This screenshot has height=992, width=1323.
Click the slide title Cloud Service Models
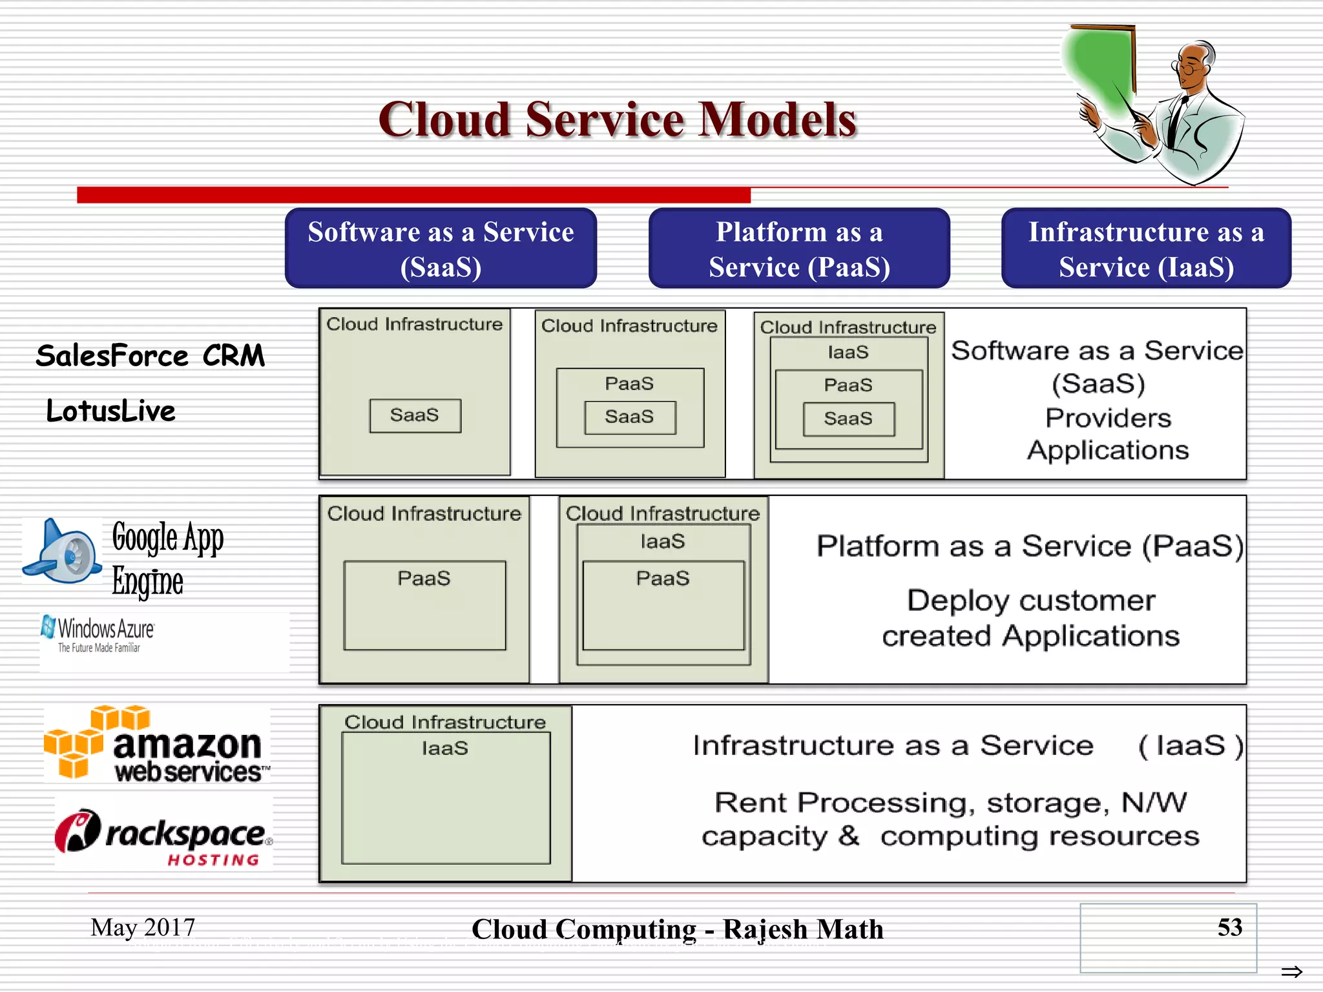tap(617, 120)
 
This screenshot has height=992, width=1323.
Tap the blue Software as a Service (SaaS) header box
tap(441, 249)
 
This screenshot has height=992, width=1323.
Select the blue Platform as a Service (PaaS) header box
tap(799, 249)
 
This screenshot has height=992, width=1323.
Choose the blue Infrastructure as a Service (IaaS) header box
tap(1146, 249)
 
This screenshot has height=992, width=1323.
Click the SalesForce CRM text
tap(150, 356)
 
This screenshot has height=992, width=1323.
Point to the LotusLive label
tap(110, 411)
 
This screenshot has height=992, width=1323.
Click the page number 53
tap(1229, 927)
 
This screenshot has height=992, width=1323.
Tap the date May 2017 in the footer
tap(143, 927)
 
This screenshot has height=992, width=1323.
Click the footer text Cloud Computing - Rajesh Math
tap(677, 929)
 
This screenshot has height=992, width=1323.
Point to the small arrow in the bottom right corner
tap(1291, 971)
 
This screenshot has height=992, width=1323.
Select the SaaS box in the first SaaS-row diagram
tap(415, 415)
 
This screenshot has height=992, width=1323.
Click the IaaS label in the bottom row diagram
tap(444, 748)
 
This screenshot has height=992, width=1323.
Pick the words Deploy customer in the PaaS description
tap(1030, 601)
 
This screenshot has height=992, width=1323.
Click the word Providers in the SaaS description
tap(1108, 418)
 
